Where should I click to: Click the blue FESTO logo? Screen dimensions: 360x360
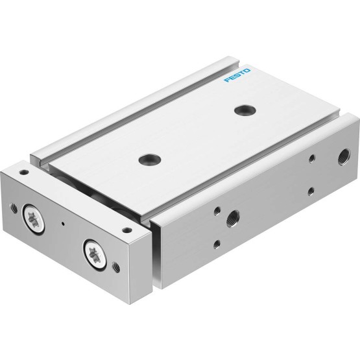click(237, 75)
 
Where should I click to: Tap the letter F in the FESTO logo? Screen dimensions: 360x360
click(228, 80)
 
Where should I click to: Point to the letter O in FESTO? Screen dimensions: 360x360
click(247, 71)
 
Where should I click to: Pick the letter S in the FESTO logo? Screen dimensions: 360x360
click(237, 75)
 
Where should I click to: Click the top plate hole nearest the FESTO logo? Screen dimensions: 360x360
click(245, 110)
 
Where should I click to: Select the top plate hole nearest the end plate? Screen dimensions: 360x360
click(149, 159)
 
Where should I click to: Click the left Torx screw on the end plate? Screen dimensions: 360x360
click(34, 219)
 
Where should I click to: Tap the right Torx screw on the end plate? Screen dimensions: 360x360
click(94, 254)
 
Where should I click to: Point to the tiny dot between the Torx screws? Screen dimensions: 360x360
click(63, 223)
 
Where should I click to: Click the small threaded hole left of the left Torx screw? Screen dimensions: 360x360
click(14, 208)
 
